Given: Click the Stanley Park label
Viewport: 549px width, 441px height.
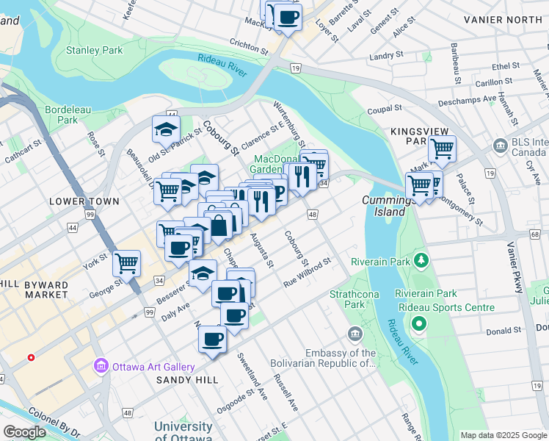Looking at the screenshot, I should [x=94, y=51].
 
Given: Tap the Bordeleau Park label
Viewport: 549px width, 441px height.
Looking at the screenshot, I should [x=68, y=115].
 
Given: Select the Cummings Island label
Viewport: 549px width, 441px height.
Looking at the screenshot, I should [x=384, y=206].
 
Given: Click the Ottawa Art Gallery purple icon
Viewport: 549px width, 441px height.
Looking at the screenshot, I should [x=101, y=366].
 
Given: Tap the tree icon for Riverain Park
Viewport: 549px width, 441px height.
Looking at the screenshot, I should [x=421, y=260].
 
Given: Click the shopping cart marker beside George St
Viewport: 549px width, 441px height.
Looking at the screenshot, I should [x=128, y=262].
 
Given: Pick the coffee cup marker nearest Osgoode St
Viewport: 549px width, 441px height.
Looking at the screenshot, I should [x=213, y=339].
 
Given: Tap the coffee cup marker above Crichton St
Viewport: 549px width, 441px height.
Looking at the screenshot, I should [x=288, y=15].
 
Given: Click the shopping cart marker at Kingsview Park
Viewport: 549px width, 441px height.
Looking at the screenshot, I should [x=442, y=148].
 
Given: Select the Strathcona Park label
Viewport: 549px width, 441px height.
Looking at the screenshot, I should [x=347, y=298].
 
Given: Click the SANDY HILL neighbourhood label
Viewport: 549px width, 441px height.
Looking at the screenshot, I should [x=187, y=380].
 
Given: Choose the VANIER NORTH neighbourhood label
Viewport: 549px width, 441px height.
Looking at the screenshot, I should [x=510, y=20].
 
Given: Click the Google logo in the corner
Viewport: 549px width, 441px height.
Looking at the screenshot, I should [x=25, y=432].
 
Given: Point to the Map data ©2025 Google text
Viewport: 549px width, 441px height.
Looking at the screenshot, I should [x=503, y=435].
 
